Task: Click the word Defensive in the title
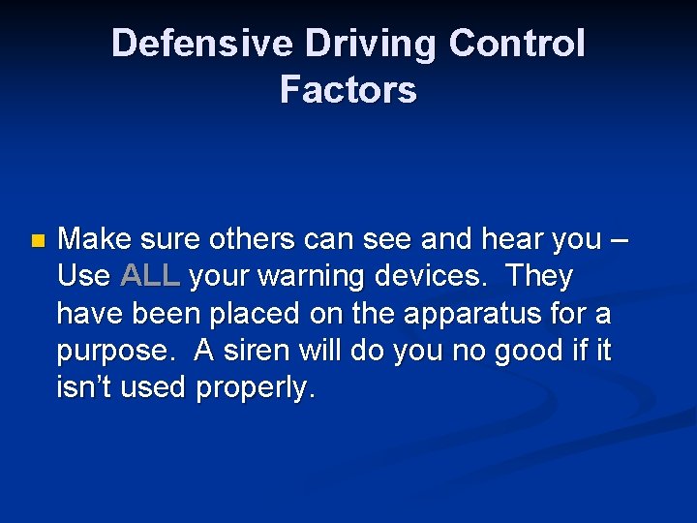(178, 44)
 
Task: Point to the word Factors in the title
(348, 90)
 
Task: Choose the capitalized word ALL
(151, 277)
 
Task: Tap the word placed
(251, 315)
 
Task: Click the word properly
(256, 389)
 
